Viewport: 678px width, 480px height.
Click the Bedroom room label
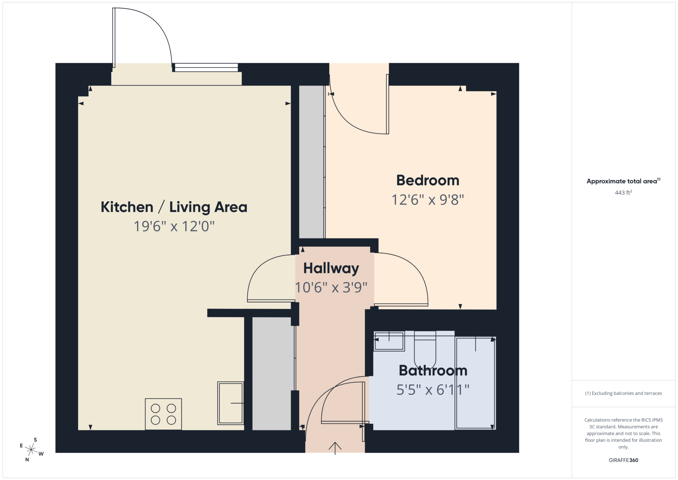[x=428, y=181]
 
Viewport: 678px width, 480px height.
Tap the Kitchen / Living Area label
[x=174, y=207]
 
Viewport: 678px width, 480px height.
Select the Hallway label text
[x=331, y=268]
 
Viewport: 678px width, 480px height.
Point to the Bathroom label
[x=433, y=370]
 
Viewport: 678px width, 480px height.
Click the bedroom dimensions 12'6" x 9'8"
[x=428, y=200]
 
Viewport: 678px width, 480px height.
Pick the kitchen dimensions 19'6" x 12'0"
[x=174, y=227]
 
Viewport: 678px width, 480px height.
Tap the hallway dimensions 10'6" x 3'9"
[x=331, y=288]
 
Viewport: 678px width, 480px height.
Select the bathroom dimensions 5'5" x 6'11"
[x=433, y=390]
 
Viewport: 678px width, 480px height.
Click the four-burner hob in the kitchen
[x=163, y=414]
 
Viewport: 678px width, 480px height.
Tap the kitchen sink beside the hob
[x=230, y=403]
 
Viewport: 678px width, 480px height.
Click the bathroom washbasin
[x=389, y=341]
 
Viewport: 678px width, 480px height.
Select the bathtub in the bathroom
[x=475, y=383]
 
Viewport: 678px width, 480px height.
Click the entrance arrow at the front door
[x=335, y=448]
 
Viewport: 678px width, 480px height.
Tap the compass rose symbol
[x=31, y=450]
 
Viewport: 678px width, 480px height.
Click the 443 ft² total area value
[x=623, y=192]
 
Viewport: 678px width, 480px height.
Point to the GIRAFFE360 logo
[x=623, y=460]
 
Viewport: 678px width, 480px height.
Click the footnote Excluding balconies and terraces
[x=623, y=393]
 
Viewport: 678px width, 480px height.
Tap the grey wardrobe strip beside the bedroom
[x=312, y=162]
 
